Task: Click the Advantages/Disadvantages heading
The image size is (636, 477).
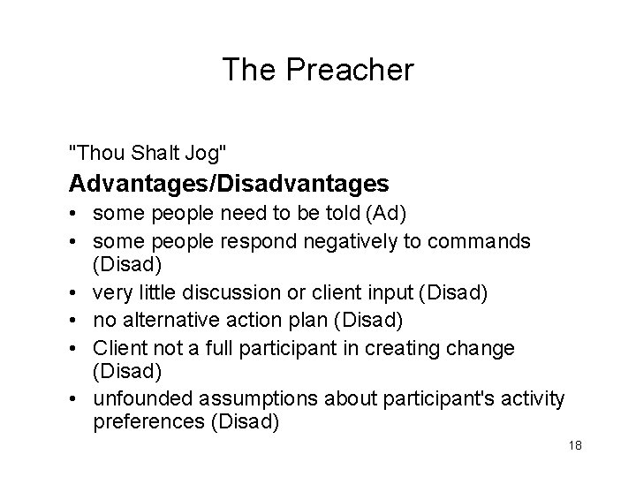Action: [x=229, y=184]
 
